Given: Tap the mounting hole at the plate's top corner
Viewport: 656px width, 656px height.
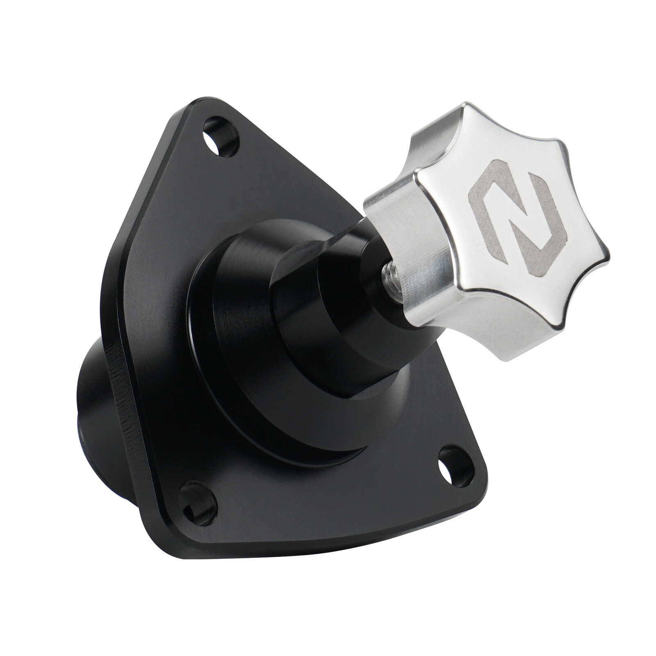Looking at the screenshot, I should pyautogui.click(x=221, y=137).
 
